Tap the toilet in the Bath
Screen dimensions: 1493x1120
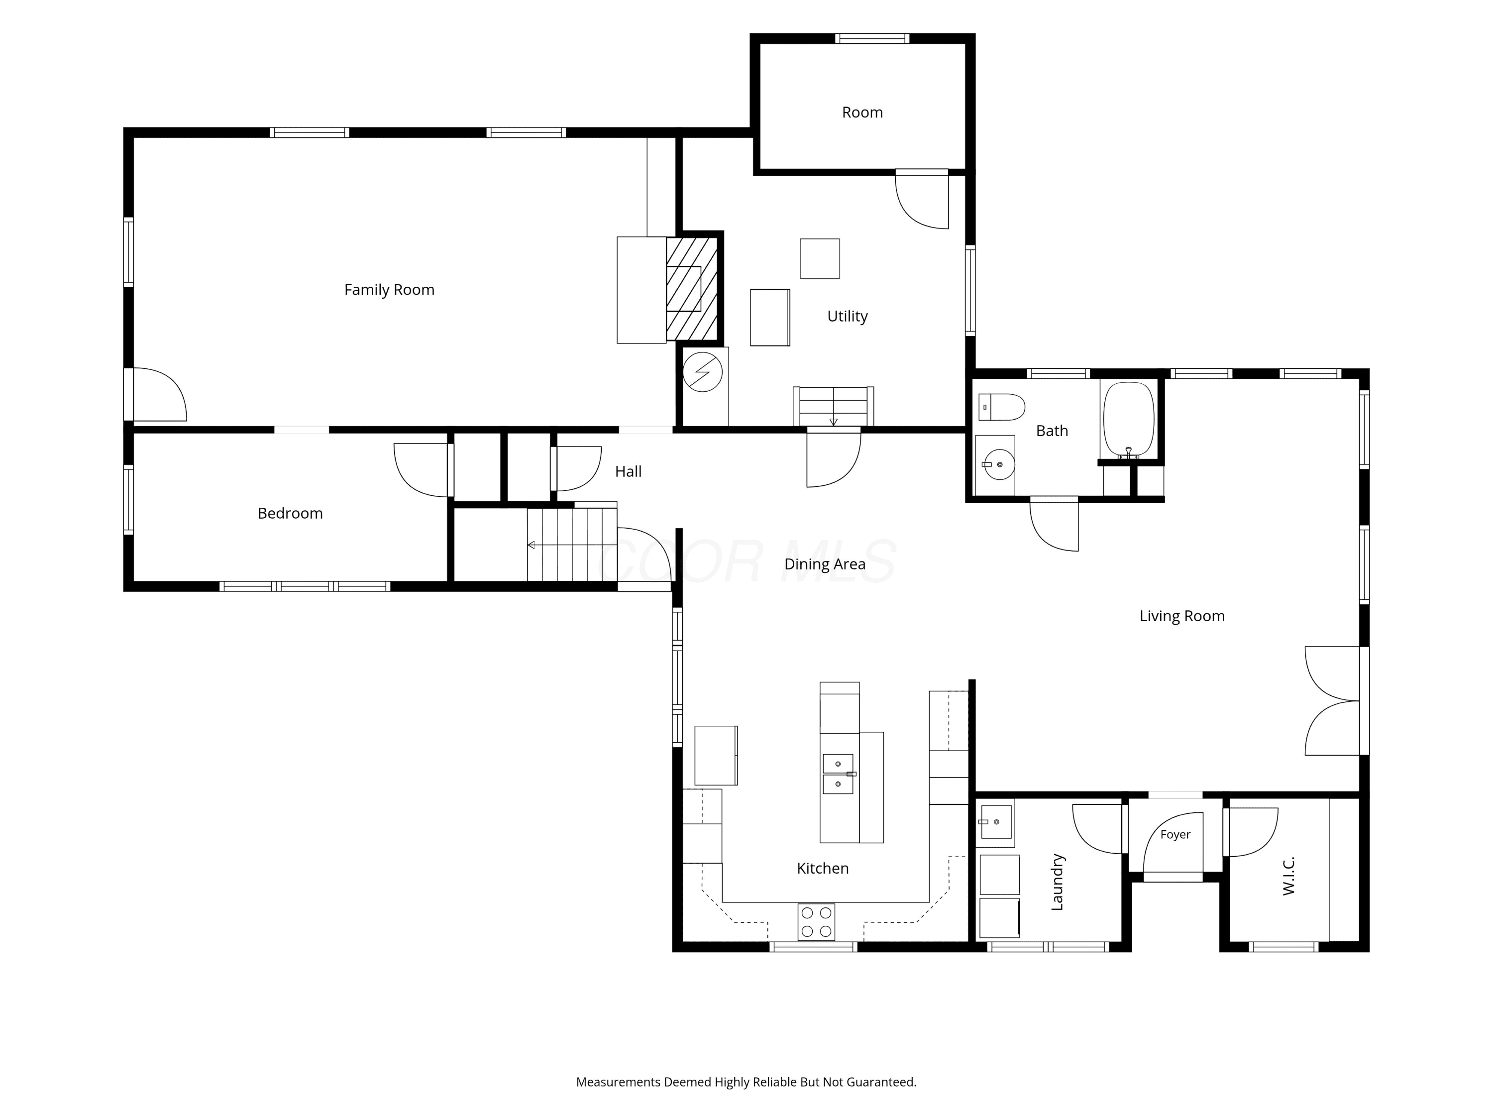click(x=1002, y=407)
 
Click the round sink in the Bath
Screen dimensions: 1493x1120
click(x=999, y=464)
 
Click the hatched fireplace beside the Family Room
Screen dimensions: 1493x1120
click(x=692, y=288)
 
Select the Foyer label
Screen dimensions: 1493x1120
click(x=1175, y=834)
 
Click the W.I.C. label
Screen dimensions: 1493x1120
click(x=1288, y=876)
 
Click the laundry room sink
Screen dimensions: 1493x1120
click(x=995, y=822)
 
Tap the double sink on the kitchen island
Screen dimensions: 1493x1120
click(x=838, y=774)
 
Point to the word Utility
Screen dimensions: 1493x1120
click(x=847, y=316)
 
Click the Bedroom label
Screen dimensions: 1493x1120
click(x=290, y=513)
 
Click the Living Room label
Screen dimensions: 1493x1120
click(x=1182, y=616)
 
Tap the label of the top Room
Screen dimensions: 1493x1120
click(x=862, y=112)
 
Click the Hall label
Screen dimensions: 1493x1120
click(x=628, y=471)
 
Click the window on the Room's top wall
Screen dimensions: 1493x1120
click(x=871, y=38)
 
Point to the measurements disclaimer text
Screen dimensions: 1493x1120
click(x=746, y=1082)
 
